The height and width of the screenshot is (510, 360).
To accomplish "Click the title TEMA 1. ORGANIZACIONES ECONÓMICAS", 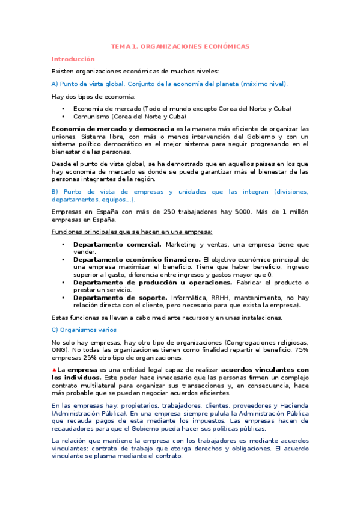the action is [x=180, y=46].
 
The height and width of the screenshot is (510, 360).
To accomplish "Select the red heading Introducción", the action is [x=73, y=59].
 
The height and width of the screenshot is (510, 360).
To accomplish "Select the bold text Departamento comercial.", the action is [x=117, y=244].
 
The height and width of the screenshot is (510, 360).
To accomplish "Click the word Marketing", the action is [x=183, y=244].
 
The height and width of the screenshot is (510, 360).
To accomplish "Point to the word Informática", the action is [x=190, y=298].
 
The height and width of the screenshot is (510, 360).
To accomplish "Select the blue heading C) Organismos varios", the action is [x=84, y=330].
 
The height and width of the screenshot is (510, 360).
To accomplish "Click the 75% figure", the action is [x=301, y=349].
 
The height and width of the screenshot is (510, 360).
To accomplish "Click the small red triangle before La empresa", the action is [x=54, y=369].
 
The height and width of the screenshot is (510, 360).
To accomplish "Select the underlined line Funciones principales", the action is [x=132, y=232].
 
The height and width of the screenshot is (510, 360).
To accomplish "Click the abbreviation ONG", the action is [x=61, y=349].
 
